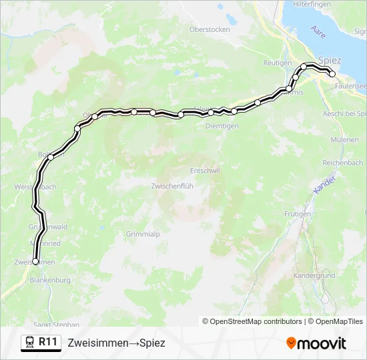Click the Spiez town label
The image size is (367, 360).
tap(330, 61)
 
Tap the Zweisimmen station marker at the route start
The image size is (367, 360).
tap(35, 262)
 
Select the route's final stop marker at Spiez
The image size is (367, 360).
tap(332, 74)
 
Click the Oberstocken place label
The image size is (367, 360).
tap(210, 29)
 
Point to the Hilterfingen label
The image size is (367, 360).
tap(312, 4)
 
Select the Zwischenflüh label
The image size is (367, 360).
tap(172, 186)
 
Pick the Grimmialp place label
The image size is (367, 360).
tap(143, 234)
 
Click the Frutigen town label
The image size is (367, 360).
tap(297, 214)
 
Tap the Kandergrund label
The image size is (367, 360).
tap(314, 275)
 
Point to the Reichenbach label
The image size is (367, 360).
tap(342, 163)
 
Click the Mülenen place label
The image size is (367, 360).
tap(345, 139)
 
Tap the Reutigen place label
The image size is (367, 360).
tap(278, 63)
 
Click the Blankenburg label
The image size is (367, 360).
tap(50, 281)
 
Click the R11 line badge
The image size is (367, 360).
tap(41, 342)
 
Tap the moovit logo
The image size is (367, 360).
tap(316, 343)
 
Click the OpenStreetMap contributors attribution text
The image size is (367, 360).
tap(252, 321)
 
